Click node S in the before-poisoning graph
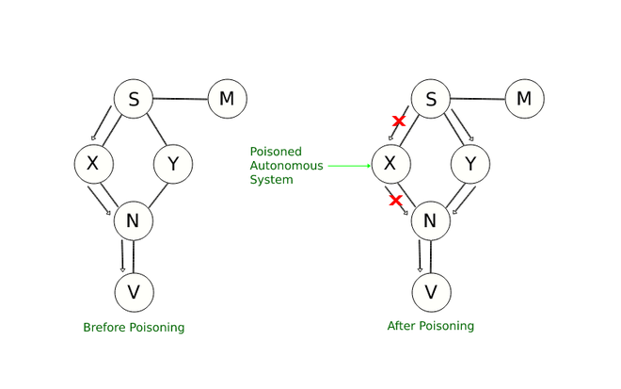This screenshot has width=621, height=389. pyautogui.click(x=133, y=98)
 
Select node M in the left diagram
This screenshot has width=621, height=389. pyautogui.click(x=227, y=98)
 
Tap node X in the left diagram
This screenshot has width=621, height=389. pyautogui.click(x=93, y=164)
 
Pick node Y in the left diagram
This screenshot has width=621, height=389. pyautogui.click(x=172, y=164)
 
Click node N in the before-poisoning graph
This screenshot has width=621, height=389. pyautogui.click(x=133, y=222)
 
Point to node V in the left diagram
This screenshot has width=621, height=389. pyautogui.click(x=133, y=291)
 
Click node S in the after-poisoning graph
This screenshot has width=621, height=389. pyautogui.click(x=431, y=98)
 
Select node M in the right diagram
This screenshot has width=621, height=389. pyautogui.click(x=524, y=98)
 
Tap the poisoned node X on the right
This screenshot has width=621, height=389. pyautogui.click(x=390, y=164)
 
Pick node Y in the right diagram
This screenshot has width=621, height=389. pyautogui.click(x=470, y=164)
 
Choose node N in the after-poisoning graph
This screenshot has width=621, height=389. pyautogui.click(x=430, y=222)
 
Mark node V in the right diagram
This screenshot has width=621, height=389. pyautogui.click(x=430, y=291)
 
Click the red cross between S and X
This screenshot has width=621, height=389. pyautogui.click(x=399, y=122)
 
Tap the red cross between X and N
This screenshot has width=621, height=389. pyautogui.click(x=396, y=200)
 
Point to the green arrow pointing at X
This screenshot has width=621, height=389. pyautogui.click(x=349, y=166)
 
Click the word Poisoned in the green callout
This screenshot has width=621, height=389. pyautogui.click(x=275, y=152)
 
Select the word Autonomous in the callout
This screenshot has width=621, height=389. pyautogui.click(x=286, y=166)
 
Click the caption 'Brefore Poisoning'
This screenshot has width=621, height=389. pyautogui.click(x=134, y=328)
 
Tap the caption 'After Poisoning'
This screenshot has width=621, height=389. pyautogui.click(x=430, y=326)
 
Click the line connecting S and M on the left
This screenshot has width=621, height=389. pyautogui.click(x=180, y=97)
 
